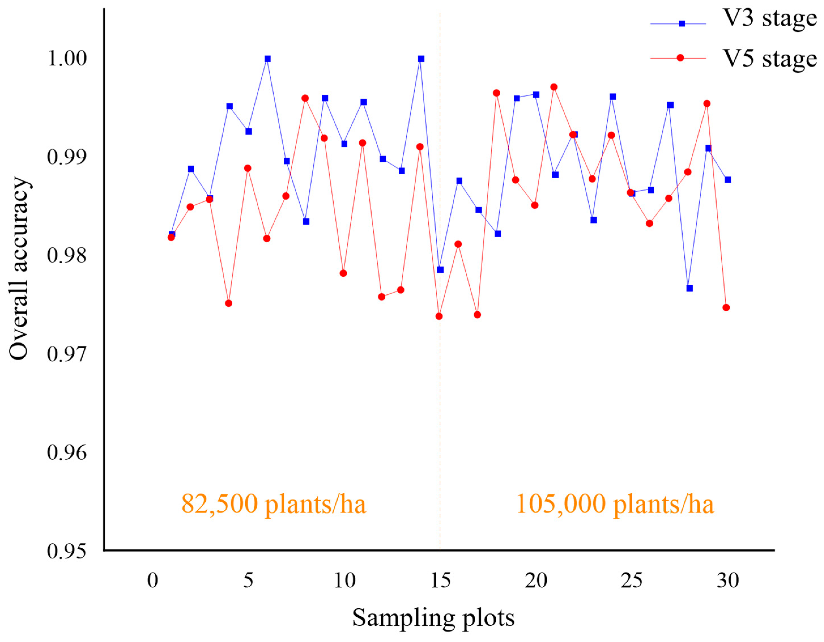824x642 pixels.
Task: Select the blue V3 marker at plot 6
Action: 267,59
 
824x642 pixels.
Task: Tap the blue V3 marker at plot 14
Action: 421,59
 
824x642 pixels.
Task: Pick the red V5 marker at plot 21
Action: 554,87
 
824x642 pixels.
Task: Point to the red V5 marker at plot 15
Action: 439,316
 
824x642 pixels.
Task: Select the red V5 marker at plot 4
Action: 229,303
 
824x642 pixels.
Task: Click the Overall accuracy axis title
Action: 19,269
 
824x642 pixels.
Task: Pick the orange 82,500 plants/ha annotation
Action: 274,504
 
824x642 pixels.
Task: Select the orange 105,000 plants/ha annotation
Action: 615,504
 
